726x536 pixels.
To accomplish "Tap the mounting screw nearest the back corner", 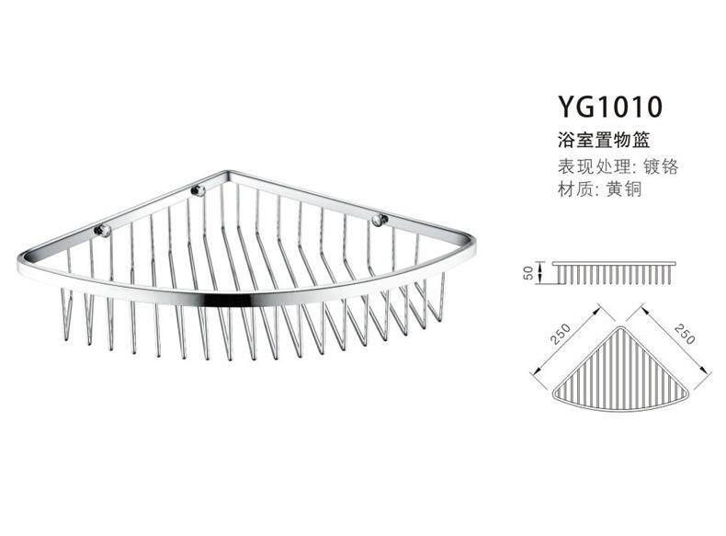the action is point(195,191).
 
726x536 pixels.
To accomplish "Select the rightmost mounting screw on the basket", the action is point(379,220).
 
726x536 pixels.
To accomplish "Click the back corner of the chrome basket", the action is point(225,173).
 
